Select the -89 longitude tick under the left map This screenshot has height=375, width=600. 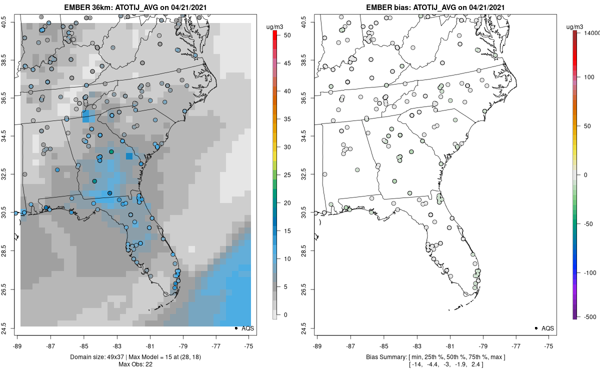(x=17, y=345)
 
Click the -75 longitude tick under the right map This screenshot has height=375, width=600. (x=549, y=345)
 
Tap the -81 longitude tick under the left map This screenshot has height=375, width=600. (x=150, y=345)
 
